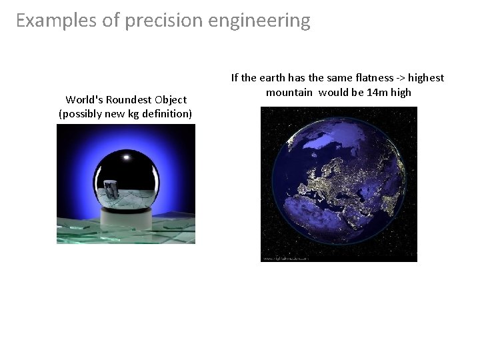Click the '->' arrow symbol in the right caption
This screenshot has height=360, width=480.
coord(402,78)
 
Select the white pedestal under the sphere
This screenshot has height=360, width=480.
coord(126,214)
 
